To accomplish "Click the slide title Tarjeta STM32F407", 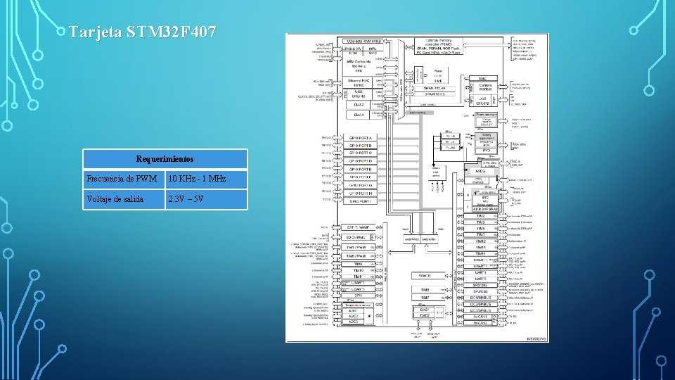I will click(x=143, y=32).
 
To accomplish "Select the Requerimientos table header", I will click(x=165, y=159).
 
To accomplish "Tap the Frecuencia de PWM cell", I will click(x=123, y=179).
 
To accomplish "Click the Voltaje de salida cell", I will click(x=123, y=199).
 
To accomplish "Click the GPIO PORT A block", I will click(x=362, y=137).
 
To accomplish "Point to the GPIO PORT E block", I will click(x=362, y=170).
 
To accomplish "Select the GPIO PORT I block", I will click(x=362, y=201).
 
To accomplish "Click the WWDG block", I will click(x=425, y=275).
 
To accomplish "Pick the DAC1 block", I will click(x=425, y=309).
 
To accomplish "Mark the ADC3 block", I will click(x=353, y=322).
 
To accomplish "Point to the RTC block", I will click(x=484, y=198).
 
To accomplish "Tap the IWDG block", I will click(x=481, y=170).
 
